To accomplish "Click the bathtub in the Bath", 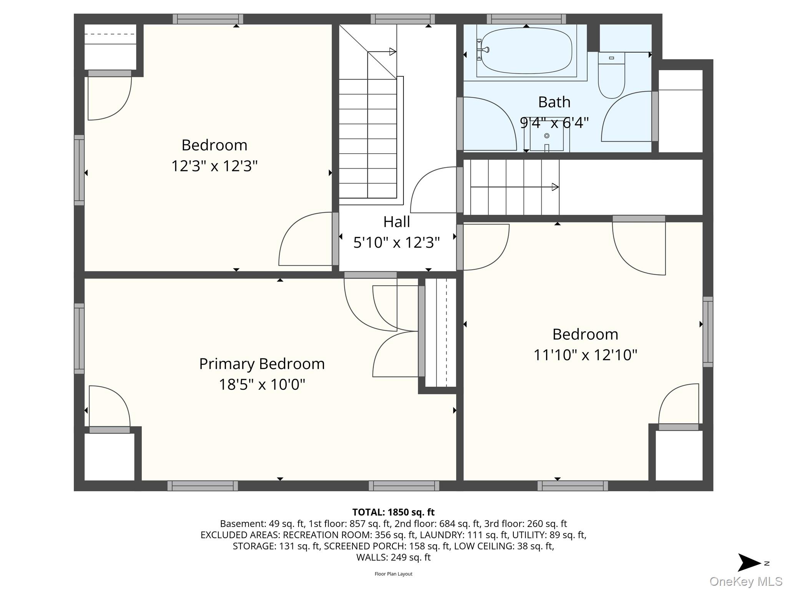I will tap(526, 51).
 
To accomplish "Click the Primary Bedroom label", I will tap(262, 364).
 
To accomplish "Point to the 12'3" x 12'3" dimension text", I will tap(214, 166).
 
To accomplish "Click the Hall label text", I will tap(396, 222).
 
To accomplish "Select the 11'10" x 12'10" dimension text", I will tap(585, 355).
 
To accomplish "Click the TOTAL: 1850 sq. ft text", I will tap(393, 512).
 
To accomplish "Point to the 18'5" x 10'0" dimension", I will tap(262, 384).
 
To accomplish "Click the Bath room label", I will tap(554, 102).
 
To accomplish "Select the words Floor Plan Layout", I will tap(393, 574).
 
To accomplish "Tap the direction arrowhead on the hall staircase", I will tap(393, 51).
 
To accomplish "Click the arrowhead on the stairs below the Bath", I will tap(555, 187).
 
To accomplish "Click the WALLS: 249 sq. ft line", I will tap(393, 557).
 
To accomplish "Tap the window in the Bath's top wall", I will tap(526, 19).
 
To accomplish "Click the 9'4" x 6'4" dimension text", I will tap(554, 123).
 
